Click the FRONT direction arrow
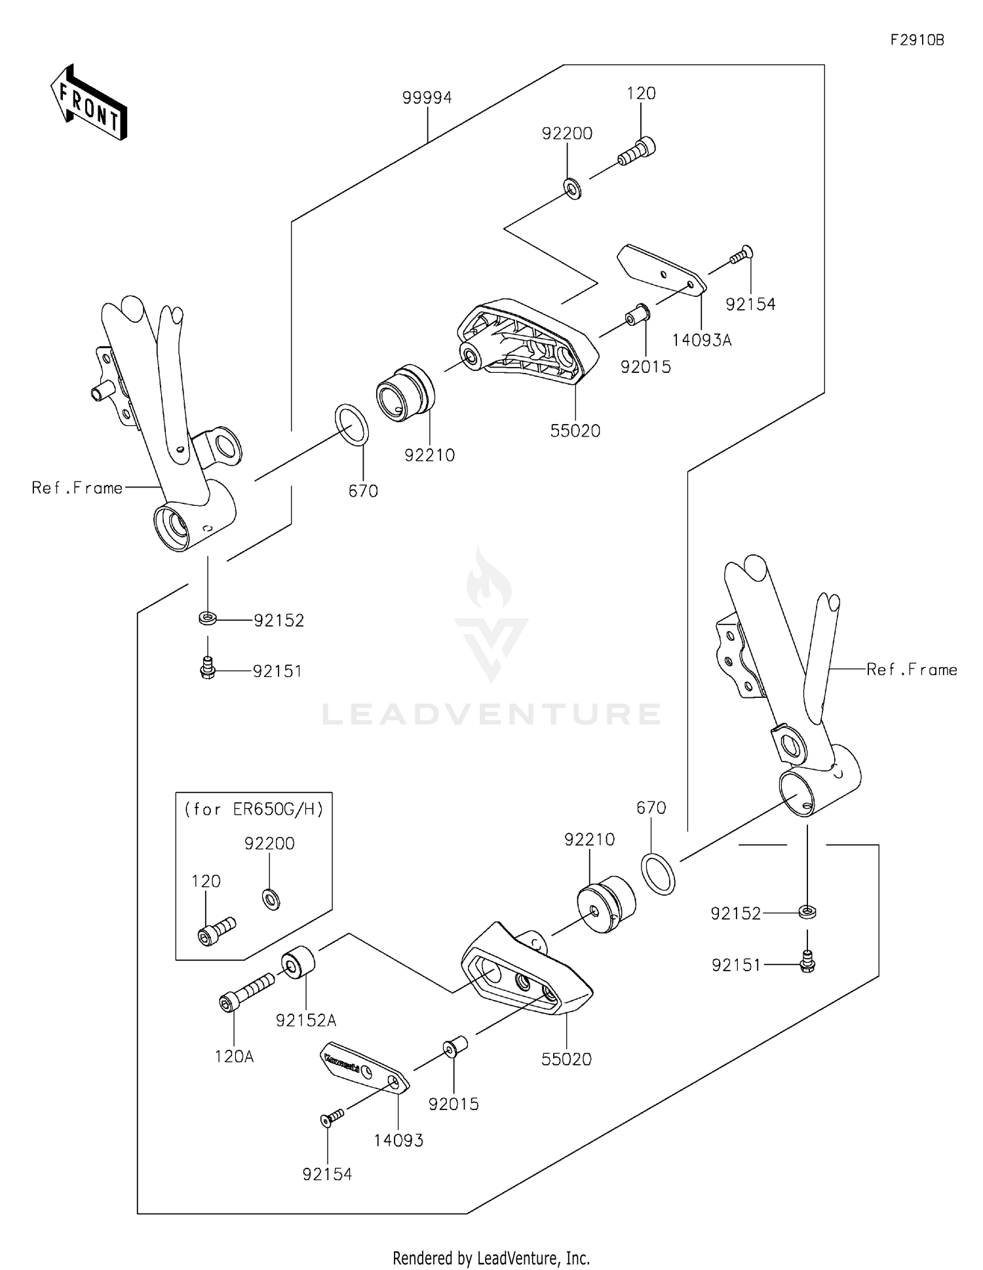(88, 103)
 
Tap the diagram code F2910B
(917, 40)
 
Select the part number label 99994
(427, 98)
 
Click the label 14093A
(701, 340)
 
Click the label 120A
(234, 1056)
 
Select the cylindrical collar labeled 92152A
(298, 961)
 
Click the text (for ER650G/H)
(254, 809)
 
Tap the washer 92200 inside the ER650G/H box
(271, 899)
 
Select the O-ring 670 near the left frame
(352, 425)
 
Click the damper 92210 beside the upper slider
(405, 393)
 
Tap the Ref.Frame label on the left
(77, 488)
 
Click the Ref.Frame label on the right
(912, 670)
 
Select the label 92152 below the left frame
(279, 621)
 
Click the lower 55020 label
(566, 1059)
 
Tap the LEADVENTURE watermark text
(491, 714)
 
